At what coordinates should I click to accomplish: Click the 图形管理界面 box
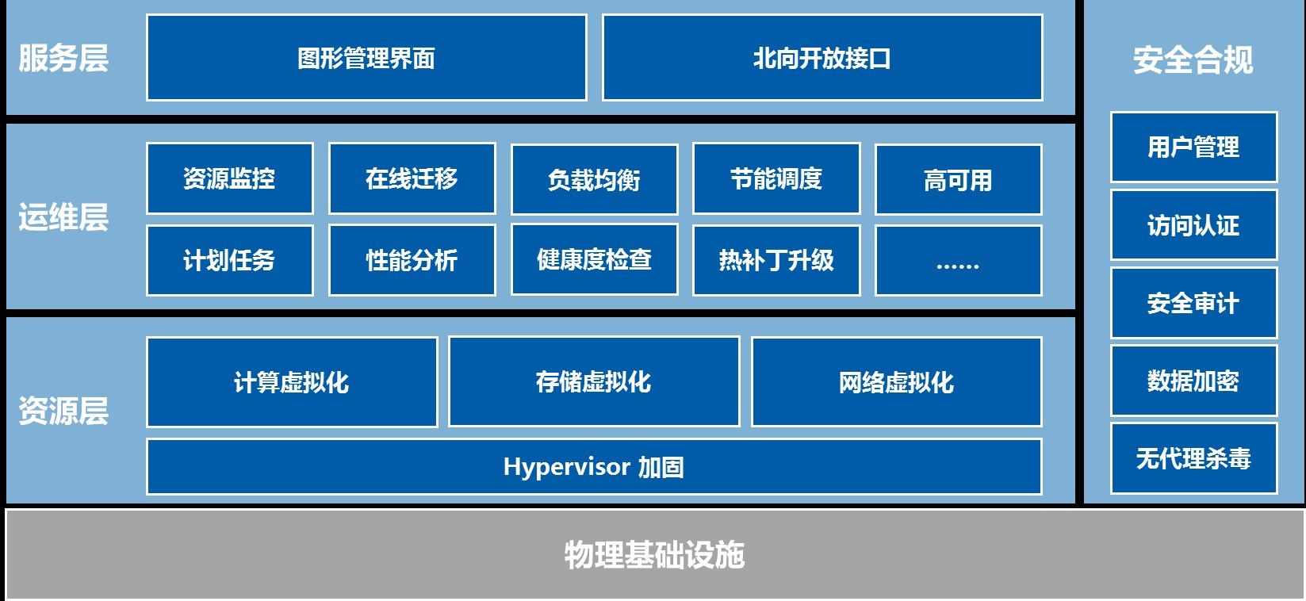pos(366,58)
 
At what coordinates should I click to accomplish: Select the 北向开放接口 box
pos(822,58)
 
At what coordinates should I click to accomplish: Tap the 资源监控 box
pos(230,178)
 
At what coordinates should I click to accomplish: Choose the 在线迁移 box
pos(412,178)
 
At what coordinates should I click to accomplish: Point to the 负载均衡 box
pos(595,179)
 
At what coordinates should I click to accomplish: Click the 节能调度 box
pos(776,178)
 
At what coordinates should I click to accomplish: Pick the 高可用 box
pos(959,179)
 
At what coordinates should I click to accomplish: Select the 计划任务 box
pos(230,260)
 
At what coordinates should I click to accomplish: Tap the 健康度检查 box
pos(595,259)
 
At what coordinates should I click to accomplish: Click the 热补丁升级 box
pos(776,260)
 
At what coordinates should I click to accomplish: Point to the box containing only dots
pos(959,260)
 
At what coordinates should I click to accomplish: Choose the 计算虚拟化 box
pos(292,382)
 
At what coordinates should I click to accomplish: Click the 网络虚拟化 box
pos(897,382)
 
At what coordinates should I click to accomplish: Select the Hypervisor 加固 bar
pos(594,467)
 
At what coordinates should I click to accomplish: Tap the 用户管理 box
pos(1194,147)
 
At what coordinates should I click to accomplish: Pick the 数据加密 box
pos(1194,381)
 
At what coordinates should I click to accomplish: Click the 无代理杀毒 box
pos(1194,459)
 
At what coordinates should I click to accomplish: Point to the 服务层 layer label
pos(63,58)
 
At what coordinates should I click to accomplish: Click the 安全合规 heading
pos(1193,60)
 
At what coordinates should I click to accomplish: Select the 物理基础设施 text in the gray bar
pos(654,554)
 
